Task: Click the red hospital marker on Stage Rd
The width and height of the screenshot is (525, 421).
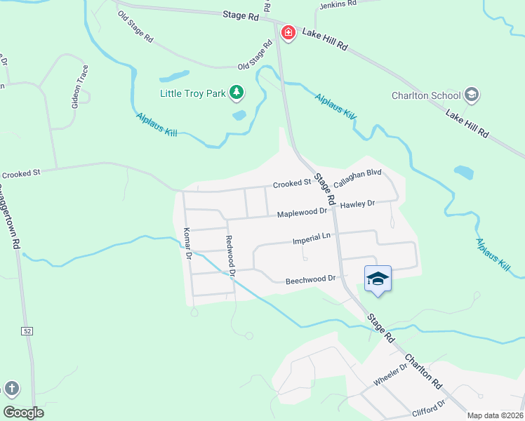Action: (x=288, y=33)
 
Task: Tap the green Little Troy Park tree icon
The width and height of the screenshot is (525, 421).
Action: (x=237, y=92)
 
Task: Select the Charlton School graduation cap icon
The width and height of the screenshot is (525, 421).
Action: (x=472, y=95)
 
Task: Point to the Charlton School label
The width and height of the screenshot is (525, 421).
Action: (x=426, y=96)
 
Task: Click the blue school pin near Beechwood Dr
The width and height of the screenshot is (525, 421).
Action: (x=378, y=279)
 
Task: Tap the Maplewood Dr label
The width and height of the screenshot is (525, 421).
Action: (x=302, y=212)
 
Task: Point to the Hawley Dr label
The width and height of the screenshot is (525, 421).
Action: (x=358, y=204)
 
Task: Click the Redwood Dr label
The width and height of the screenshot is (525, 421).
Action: (x=230, y=253)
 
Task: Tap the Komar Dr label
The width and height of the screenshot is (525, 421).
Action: (x=187, y=243)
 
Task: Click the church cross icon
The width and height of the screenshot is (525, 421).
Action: (x=11, y=388)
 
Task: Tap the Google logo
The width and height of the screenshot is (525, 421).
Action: (x=23, y=413)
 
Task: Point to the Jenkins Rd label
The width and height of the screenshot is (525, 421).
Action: (x=338, y=4)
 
